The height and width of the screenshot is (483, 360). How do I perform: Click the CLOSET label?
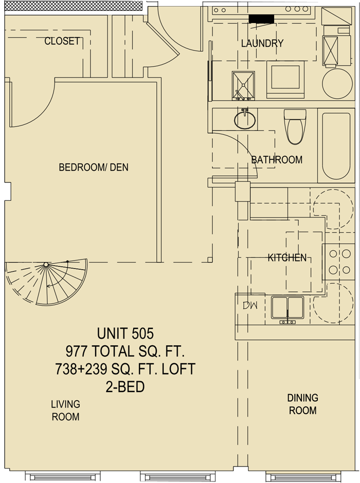tap(62, 41)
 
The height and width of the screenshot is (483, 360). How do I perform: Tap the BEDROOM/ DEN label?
tap(94, 168)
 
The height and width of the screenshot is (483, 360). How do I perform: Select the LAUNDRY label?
tap(262, 44)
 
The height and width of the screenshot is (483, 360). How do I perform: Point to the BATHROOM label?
tap(277, 160)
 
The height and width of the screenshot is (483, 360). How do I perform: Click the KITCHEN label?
tap(287, 257)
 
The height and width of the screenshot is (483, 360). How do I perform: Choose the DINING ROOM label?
tap(303, 404)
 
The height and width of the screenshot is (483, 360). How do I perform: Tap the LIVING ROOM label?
tap(66, 411)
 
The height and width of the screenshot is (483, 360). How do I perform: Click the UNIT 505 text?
tap(125, 333)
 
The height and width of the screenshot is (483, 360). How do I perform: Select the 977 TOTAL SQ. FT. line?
tap(125, 351)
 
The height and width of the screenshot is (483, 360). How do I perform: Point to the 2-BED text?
tap(125, 387)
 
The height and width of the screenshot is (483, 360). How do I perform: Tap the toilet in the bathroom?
tap(295, 126)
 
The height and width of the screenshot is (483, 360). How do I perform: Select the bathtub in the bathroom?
tap(336, 145)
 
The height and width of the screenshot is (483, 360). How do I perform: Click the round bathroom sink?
tap(245, 120)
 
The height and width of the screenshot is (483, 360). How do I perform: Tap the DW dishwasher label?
tap(250, 305)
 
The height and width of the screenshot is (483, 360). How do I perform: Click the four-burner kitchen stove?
tap(339, 262)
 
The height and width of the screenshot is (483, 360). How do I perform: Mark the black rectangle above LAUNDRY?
tap(262, 19)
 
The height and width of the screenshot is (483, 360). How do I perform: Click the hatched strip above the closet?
tap(74, 6)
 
